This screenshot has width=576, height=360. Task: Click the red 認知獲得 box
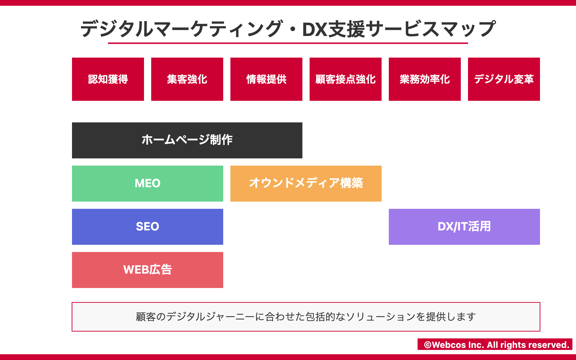tap(108, 79)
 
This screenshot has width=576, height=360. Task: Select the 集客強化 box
tap(187, 79)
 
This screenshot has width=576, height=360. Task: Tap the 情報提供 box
tap(266, 79)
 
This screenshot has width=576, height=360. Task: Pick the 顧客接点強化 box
tap(346, 79)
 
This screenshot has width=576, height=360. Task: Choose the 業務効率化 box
tap(425, 79)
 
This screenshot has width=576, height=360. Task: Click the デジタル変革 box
tap(504, 79)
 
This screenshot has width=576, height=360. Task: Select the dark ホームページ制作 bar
tap(187, 140)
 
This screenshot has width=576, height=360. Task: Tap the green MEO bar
tap(147, 183)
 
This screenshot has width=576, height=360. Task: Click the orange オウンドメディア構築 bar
tap(306, 183)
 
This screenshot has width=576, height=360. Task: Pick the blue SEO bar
tap(147, 227)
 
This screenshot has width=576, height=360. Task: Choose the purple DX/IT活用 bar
tap(464, 227)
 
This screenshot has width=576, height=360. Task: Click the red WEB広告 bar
tap(147, 270)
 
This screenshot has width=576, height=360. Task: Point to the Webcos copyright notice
tap(495, 344)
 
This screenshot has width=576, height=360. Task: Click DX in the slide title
tap(314, 29)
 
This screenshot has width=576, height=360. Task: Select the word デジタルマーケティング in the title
tap(181, 29)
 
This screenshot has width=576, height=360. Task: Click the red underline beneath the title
tap(288, 43)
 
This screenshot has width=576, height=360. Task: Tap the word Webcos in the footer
tap(449, 345)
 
